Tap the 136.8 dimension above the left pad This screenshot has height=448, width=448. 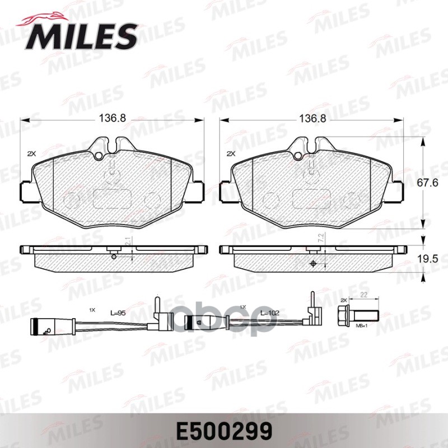[113, 119]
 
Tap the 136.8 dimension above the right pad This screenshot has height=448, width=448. [312, 119]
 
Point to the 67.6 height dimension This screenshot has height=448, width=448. [430, 182]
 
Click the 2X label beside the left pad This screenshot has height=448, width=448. [31, 153]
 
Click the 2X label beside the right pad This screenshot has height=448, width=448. [230, 153]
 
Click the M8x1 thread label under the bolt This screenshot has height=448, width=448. [362, 325]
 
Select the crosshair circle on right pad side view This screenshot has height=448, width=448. [312, 264]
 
